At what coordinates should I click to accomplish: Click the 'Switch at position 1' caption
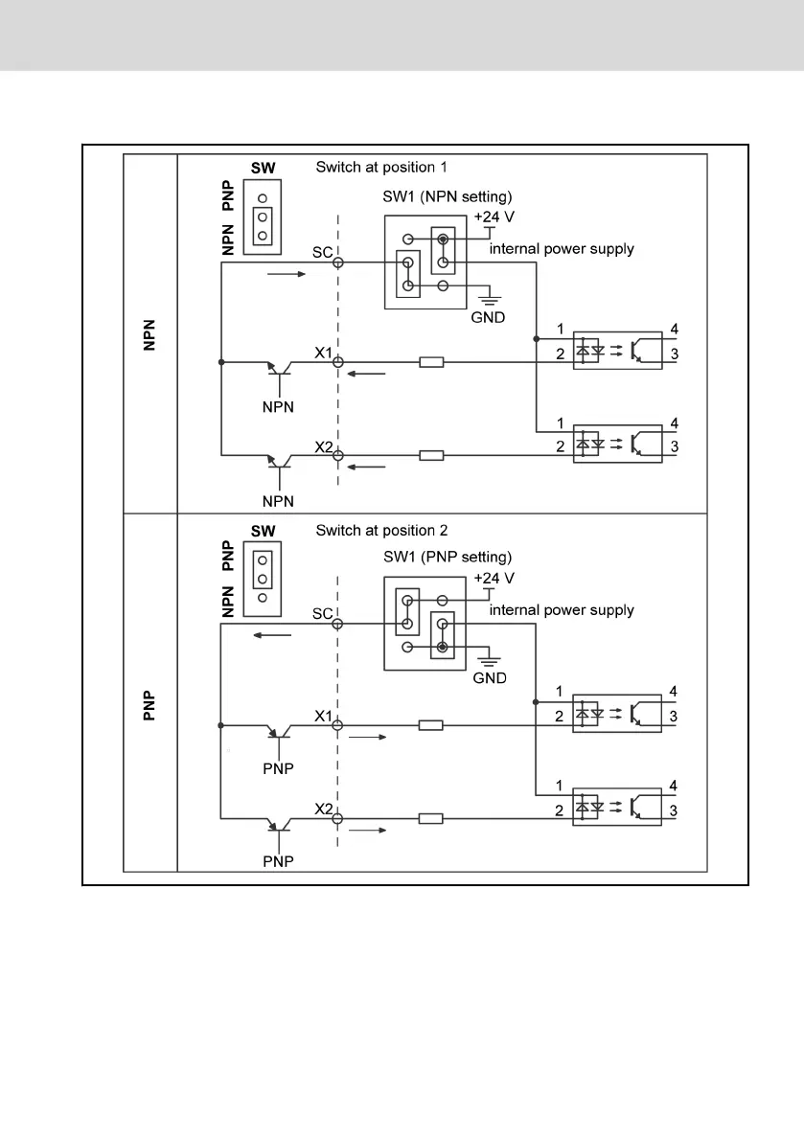click(380, 167)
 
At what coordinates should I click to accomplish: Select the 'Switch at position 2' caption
click(380, 530)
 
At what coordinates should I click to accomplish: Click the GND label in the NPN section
click(488, 316)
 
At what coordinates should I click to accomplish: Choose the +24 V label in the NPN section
click(494, 217)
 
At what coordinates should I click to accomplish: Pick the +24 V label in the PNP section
click(494, 579)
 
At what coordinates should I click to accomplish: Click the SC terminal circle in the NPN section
click(337, 262)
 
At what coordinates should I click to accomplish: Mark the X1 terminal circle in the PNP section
click(337, 725)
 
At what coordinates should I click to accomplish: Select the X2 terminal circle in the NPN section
click(337, 455)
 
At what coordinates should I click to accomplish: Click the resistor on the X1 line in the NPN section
click(431, 362)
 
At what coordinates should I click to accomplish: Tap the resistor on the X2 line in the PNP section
click(431, 817)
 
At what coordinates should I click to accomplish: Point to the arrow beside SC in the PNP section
click(275, 634)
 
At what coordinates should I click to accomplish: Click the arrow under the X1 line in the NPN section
click(368, 375)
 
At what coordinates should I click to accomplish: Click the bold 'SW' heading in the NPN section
click(263, 168)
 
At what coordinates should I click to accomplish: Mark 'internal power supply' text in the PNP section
click(562, 609)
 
